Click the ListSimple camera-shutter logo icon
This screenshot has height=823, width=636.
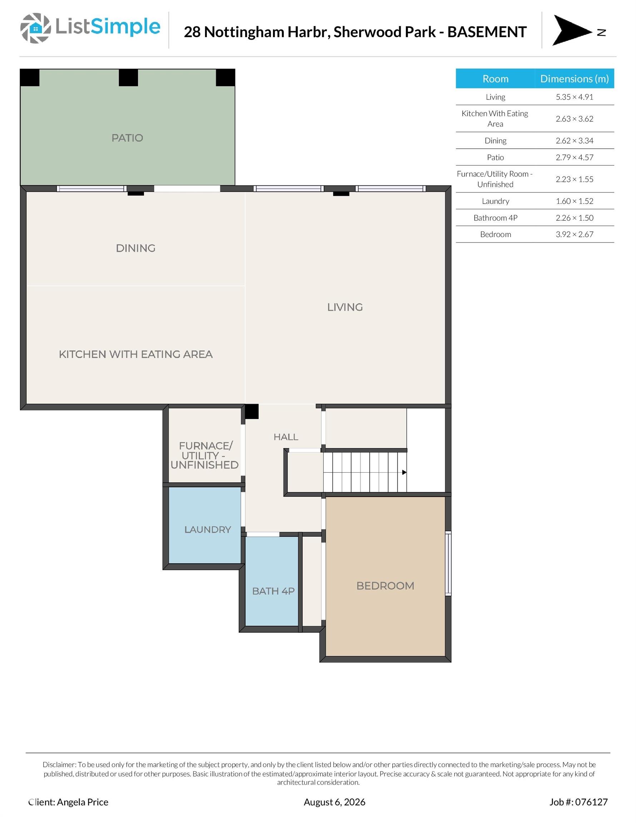tap(35, 28)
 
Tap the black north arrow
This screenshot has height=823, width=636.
tap(571, 30)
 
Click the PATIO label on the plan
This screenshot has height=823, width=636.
tap(128, 138)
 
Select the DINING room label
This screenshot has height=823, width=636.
tap(136, 248)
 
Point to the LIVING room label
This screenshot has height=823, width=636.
tap(345, 307)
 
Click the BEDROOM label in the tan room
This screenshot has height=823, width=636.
tap(385, 585)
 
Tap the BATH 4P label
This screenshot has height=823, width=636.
tap(273, 591)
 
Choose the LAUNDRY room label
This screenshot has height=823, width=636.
tap(207, 529)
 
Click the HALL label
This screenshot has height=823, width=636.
tap(286, 437)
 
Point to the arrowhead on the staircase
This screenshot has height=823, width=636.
tap(404, 472)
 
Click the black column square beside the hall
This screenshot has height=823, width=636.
tap(252, 411)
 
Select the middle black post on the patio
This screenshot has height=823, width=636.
tap(128, 78)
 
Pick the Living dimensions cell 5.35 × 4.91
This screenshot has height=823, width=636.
tap(574, 97)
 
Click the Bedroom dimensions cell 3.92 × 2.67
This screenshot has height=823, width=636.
tap(574, 234)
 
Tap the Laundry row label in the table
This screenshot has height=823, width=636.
tap(495, 201)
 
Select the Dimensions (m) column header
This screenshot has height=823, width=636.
tap(574, 78)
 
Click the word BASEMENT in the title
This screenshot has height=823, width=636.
tap(487, 32)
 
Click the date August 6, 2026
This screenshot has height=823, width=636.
tap(334, 802)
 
